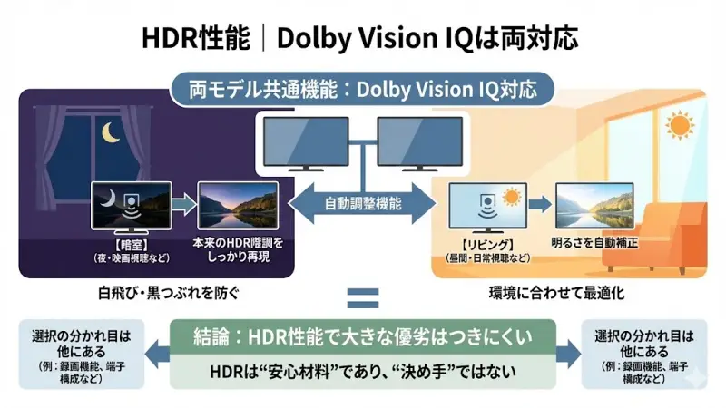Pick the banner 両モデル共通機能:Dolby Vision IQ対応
pos(363,90)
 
